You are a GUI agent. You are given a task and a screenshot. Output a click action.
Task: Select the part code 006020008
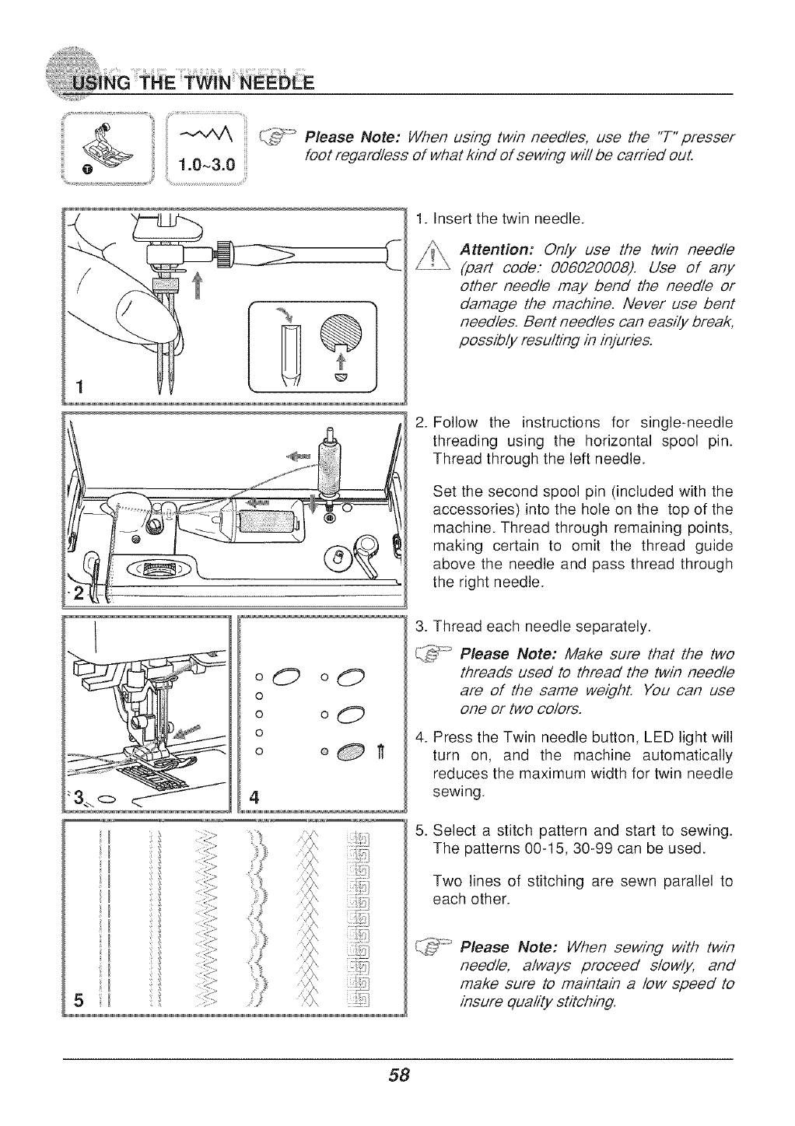pos(571,268)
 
